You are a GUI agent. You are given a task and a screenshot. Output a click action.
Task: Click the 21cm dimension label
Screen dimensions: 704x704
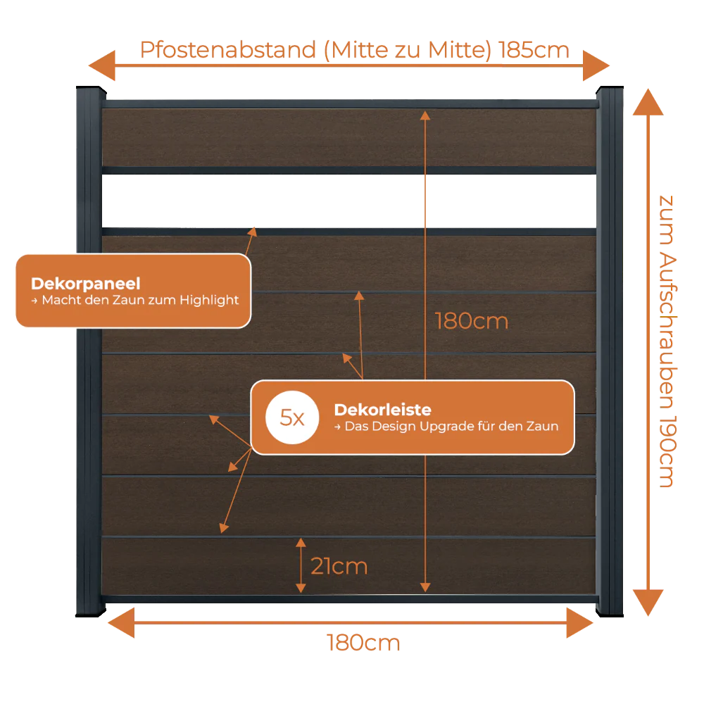pos(339,566)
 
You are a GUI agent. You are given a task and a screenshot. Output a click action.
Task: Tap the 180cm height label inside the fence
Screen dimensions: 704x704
pos(472,322)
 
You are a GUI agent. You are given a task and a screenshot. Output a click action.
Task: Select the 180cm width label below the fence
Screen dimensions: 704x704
pos(363,643)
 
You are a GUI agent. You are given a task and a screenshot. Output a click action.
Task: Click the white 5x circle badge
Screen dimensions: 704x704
pos(292,417)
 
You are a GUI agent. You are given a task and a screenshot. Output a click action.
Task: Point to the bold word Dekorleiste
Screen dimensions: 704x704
pos(382,410)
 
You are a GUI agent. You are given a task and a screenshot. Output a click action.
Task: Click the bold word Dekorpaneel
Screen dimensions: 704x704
pos(86,284)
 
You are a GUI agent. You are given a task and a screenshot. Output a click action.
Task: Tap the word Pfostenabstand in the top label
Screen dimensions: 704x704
pos(228,50)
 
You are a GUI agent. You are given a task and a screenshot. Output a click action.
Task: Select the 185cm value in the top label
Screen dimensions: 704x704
pos(534,50)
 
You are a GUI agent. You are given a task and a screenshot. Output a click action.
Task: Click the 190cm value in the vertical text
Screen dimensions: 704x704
pos(667,451)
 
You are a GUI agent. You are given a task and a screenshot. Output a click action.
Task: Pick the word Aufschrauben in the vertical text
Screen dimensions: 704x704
pos(667,332)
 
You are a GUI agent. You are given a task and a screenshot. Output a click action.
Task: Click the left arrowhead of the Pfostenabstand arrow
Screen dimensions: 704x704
pos(102,65)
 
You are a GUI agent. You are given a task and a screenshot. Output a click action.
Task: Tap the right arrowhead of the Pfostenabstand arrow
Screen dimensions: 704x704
pos(596,65)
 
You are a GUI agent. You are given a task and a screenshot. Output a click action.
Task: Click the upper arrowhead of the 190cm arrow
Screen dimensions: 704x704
pos(648,102)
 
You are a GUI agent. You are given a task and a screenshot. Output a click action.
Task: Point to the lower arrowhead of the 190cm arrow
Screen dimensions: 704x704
pos(648,603)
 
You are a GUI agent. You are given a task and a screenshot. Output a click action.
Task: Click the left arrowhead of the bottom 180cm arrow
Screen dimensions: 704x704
pos(121,623)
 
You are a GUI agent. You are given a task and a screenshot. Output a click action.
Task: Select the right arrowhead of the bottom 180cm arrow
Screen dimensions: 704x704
pos(579,623)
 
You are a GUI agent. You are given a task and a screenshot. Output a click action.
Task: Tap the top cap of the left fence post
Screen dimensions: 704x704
pos(91,89)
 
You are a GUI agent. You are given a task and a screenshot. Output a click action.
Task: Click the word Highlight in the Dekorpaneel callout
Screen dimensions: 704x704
pos(209,301)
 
